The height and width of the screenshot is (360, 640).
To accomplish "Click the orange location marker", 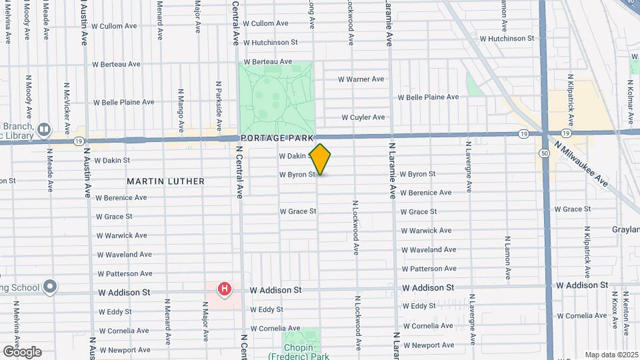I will pos(321,159).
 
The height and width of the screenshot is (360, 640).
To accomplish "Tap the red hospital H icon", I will pos(225,289).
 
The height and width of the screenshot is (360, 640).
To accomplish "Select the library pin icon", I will pos(44,129).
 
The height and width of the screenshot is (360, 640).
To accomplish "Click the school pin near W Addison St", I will pos(50,287).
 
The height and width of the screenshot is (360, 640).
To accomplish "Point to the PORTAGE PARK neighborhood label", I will pos(277,138).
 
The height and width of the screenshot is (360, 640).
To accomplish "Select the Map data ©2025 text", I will pos(611,355).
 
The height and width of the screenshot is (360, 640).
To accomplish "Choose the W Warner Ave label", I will pos(361,79).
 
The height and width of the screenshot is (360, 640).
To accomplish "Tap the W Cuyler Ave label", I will pos(363,117).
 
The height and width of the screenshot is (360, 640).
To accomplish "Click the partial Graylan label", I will pos(625,229).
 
